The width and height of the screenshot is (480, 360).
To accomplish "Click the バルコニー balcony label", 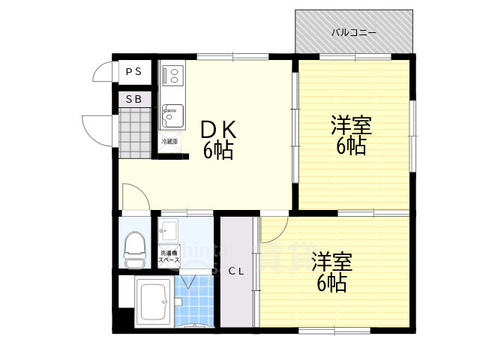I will [x=354, y=33].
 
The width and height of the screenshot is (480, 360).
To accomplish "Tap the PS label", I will [x=133, y=72].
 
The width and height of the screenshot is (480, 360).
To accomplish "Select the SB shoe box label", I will [x=133, y=99].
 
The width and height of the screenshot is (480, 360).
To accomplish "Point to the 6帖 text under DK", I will [x=218, y=151].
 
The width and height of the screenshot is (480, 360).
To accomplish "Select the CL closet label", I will [x=236, y=271].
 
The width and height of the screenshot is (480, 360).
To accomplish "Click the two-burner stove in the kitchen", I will [x=172, y=74].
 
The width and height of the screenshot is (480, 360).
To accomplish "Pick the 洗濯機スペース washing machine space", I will [x=169, y=256].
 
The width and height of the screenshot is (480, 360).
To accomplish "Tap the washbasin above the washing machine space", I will [x=169, y=229].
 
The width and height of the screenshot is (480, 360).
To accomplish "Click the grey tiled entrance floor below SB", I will [x=135, y=132].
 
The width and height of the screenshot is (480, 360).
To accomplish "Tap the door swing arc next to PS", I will [x=102, y=72].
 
